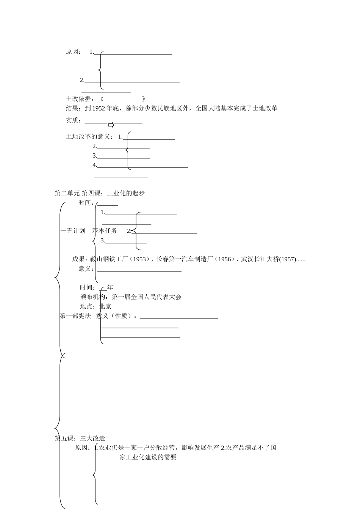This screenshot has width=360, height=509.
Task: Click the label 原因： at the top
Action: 73,52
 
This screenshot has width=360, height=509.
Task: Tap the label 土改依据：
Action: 80,99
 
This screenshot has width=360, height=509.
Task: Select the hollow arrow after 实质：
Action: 111,125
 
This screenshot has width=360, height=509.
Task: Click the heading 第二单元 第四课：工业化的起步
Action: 100,193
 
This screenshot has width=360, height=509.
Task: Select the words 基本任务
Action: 105,231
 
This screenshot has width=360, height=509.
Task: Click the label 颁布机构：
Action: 94,297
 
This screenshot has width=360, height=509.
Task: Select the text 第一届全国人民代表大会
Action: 147,297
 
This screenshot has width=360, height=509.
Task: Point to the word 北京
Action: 105,306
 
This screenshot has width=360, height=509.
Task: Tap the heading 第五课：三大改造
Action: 80,439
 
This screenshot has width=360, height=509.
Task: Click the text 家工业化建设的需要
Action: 148,457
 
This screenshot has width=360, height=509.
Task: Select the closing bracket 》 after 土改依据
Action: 144,99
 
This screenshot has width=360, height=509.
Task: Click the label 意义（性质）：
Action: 117,316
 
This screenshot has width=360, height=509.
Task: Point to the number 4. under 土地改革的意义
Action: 95,165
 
